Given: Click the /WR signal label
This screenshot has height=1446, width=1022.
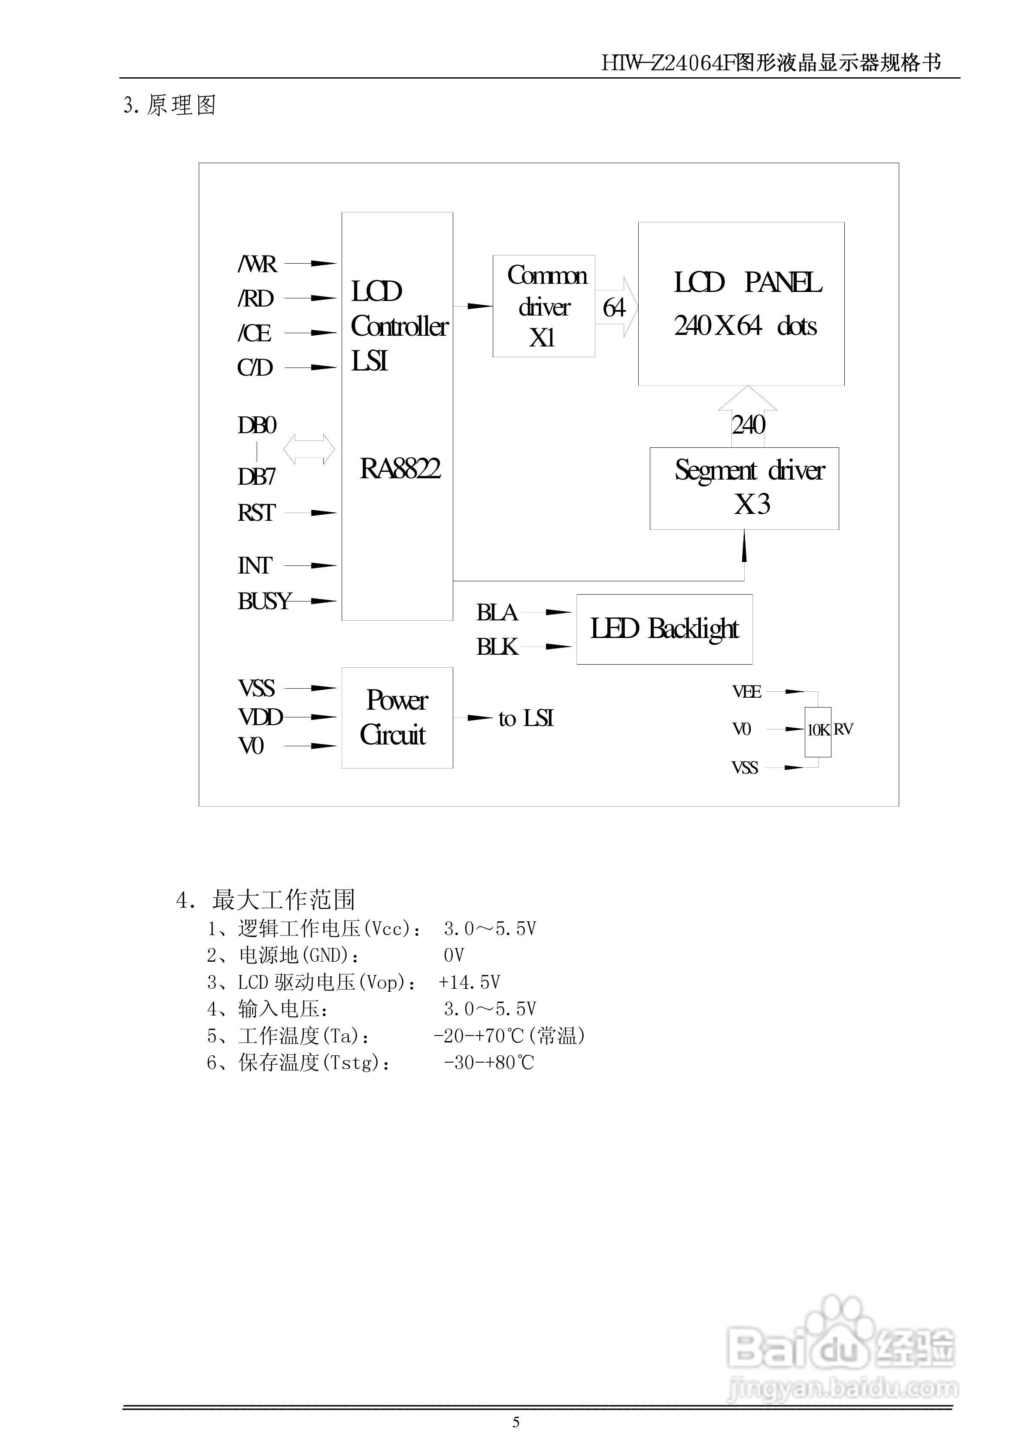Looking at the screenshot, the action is tap(257, 264).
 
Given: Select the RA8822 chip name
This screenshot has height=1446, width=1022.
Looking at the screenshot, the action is tap(400, 468).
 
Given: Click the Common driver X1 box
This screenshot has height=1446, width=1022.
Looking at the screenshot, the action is tap(543, 306).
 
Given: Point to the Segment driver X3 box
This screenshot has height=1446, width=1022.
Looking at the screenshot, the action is tap(744, 488).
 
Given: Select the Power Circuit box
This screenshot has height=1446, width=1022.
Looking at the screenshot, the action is tap(397, 717).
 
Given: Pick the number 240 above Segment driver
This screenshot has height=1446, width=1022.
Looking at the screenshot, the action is tap(748, 425).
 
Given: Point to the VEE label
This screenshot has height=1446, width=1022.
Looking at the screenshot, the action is tap(747, 692).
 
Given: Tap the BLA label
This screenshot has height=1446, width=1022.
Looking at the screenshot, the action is tap(496, 613).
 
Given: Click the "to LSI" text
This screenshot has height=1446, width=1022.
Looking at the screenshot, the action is tap(526, 719).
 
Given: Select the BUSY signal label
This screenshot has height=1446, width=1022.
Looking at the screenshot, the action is tap(264, 601).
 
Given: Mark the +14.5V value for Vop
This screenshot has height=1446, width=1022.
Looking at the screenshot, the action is tap(469, 982).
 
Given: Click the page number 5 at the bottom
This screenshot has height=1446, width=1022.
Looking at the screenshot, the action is tap(516, 1422).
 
